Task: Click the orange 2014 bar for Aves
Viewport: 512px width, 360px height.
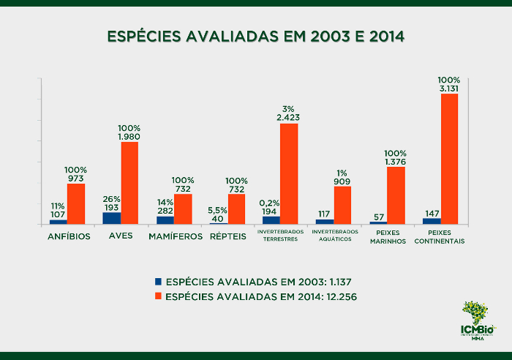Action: pyautogui.click(x=129, y=182)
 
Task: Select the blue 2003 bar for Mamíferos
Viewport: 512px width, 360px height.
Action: pyautogui.click(x=165, y=220)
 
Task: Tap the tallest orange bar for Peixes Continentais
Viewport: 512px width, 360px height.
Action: pyautogui.click(x=449, y=158)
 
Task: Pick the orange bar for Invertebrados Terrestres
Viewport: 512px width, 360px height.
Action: pyautogui.click(x=289, y=173)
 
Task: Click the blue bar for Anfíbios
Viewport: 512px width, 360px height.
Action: pyautogui.click(x=59, y=221)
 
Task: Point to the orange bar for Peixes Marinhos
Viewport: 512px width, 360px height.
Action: pyautogui.click(x=396, y=195)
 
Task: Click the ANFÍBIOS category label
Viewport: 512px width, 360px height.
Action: pyautogui.click(x=69, y=237)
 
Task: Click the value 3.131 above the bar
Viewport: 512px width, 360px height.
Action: pyautogui.click(x=449, y=89)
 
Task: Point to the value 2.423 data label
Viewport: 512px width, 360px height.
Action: pyautogui.click(x=288, y=117)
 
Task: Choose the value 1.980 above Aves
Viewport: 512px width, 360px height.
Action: pyautogui.click(x=129, y=136)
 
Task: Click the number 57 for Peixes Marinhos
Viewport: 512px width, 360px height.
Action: pyautogui.click(x=378, y=217)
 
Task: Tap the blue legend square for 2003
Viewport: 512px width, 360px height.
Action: pyautogui.click(x=159, y=281)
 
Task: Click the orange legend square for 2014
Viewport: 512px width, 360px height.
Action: pyautogui.click(x=159, y=296)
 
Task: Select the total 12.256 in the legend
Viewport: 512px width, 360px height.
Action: pyautogui.click(x=338, y=296)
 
